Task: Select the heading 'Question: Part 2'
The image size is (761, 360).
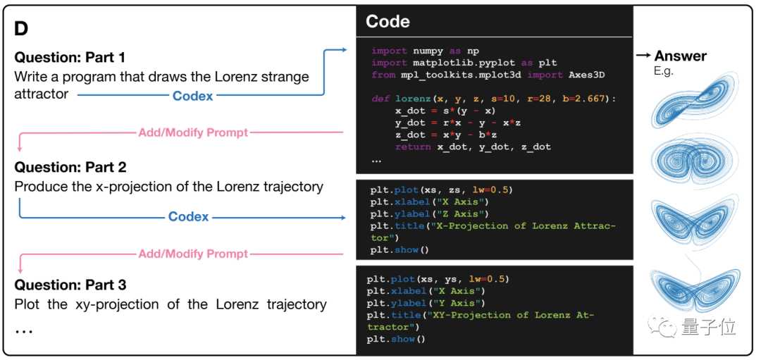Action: point(70,168)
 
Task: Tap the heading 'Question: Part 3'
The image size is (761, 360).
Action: point(70,285)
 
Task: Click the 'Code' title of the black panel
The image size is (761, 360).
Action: point(388,22)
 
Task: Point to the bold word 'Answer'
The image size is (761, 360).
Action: point(680,56)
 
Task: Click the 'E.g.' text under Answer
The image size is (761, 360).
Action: point(665,72)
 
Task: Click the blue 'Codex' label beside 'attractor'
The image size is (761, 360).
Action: point(192,95)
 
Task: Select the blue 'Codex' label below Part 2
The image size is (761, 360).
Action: point(188,216)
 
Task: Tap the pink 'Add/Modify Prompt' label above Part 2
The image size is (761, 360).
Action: point(193,132)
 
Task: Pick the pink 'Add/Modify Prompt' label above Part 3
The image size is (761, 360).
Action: point(193,254)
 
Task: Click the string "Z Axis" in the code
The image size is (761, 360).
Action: point(463,214)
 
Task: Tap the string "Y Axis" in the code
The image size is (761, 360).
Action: point(459,303)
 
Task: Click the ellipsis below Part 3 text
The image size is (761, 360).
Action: point(24,329)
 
